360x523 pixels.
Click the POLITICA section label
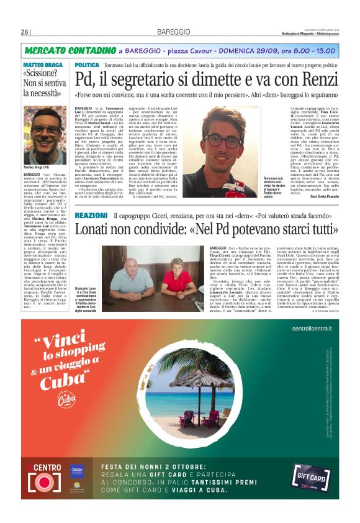(x=86, y=65)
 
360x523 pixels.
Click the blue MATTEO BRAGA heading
(x=42, y=65)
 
